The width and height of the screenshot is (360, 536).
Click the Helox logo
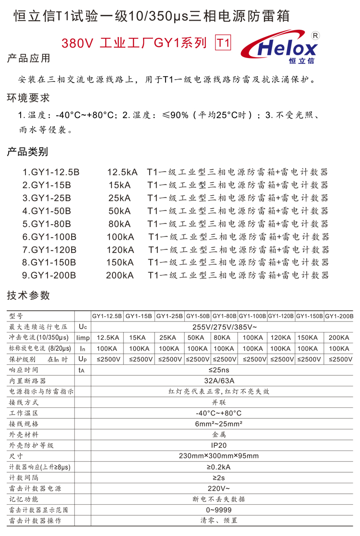click(283, 48)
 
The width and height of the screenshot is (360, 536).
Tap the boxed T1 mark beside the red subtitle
click(224, 43)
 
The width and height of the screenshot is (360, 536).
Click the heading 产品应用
click(28, 59)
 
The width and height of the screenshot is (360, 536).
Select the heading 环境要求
click(28, 98)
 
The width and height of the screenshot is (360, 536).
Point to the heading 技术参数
click(28, 296)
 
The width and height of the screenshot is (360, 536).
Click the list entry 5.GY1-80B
click(47, 224)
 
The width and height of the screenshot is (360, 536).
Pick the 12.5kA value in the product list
click(122, 172)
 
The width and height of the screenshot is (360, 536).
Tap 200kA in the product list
click(120, 275)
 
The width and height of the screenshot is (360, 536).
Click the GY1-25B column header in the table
click(169, 316)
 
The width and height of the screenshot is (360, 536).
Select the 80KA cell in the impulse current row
click(224, 338)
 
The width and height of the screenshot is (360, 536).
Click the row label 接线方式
click(24, 402)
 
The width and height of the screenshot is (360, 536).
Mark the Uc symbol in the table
click(83, 327)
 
